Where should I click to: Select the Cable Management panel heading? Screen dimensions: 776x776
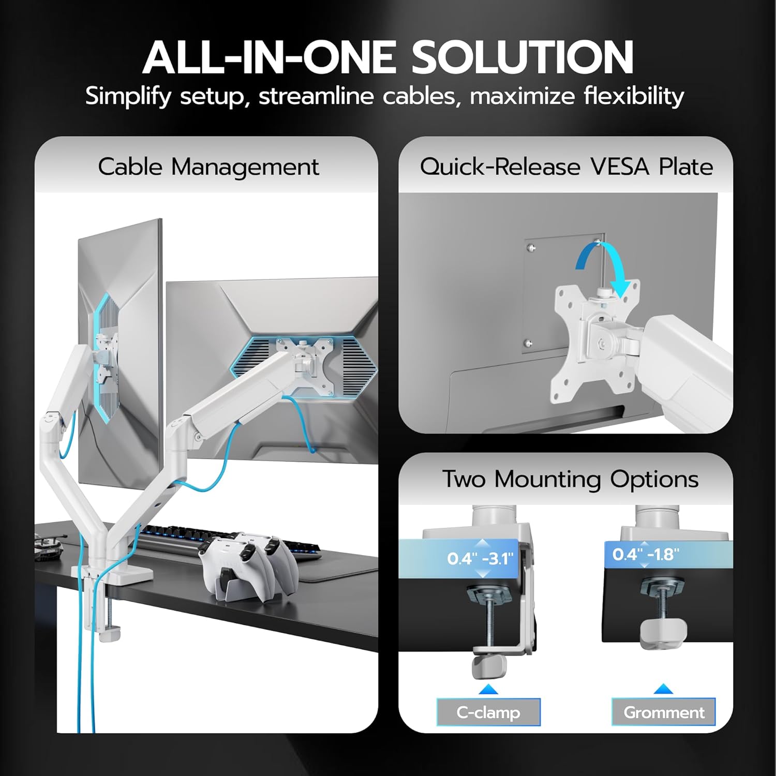208,167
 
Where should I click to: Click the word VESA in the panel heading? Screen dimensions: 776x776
620,167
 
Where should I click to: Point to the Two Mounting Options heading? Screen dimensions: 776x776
570,479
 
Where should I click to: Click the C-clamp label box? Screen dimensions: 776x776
488,712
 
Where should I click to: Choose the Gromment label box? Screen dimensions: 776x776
664,712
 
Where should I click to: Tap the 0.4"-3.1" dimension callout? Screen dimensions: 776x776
480,559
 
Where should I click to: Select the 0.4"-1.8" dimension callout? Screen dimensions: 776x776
645,555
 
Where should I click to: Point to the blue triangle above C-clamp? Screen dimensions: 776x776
488,689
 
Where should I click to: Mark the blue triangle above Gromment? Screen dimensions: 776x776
663,689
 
